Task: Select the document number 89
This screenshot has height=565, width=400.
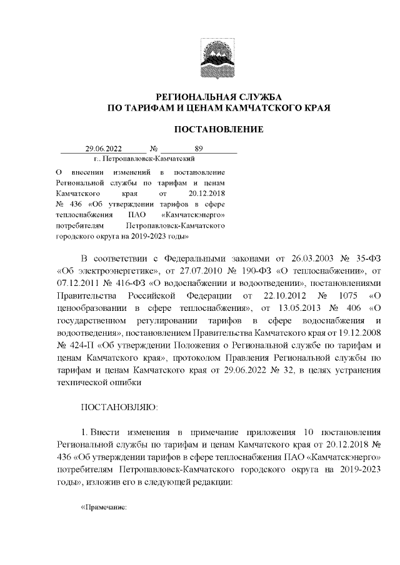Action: [199, 149]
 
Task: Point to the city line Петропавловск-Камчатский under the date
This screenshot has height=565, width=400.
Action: [142, 159]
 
